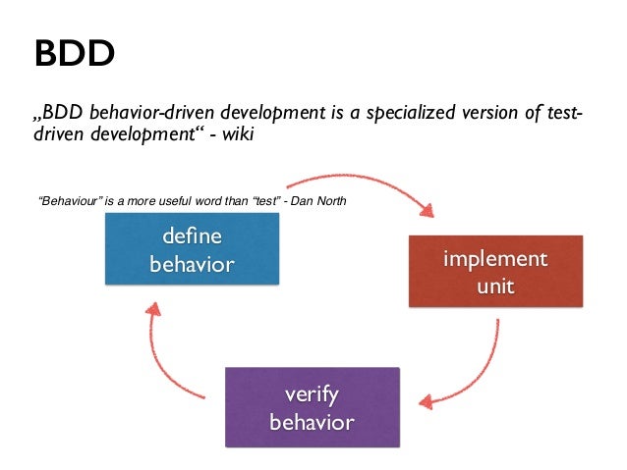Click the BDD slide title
coord(75,54)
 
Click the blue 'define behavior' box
coord(192,249)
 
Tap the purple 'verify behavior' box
coord(312,407)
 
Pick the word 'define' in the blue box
coord(192,236)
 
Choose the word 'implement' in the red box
coord(495,261)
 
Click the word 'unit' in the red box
coord(495,287)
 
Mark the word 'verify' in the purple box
coord(312,394)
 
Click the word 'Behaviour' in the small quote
coord(70,202)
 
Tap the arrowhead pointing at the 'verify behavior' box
coord(423,401)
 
